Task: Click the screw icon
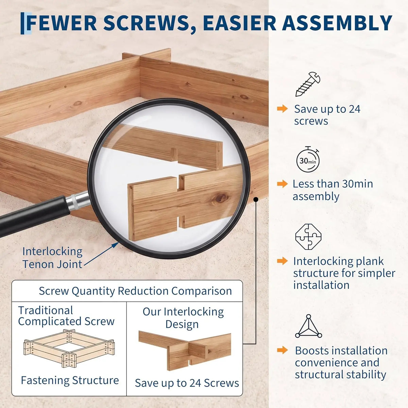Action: pos(308,84)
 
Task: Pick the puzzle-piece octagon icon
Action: pos(308,237)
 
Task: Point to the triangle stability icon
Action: pos(308,326)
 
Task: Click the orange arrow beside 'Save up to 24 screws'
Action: pos(282,109)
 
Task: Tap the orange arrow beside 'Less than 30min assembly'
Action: pos(282,184)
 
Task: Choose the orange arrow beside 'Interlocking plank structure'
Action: pos(282,261)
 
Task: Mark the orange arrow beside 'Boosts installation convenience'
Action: pos(282,350)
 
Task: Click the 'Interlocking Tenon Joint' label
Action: pos(52,258)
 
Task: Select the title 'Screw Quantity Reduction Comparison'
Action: pos(135,291)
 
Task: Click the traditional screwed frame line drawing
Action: pos(69,348)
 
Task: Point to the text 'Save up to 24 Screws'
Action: pos(187,383)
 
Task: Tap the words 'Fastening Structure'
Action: pos(70,380)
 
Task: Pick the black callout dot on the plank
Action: pos(256,200)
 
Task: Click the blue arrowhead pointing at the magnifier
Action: pos(115,245)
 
